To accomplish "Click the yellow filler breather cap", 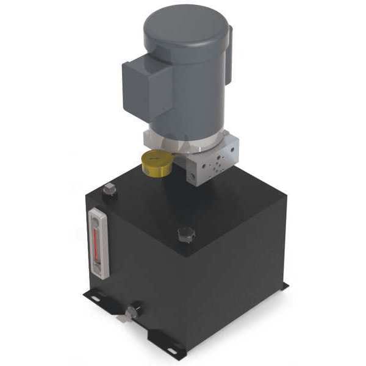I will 156,162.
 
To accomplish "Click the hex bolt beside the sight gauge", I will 110,190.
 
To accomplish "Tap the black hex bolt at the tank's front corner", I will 185,234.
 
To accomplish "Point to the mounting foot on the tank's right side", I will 281,287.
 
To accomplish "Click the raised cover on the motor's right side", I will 228,58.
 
